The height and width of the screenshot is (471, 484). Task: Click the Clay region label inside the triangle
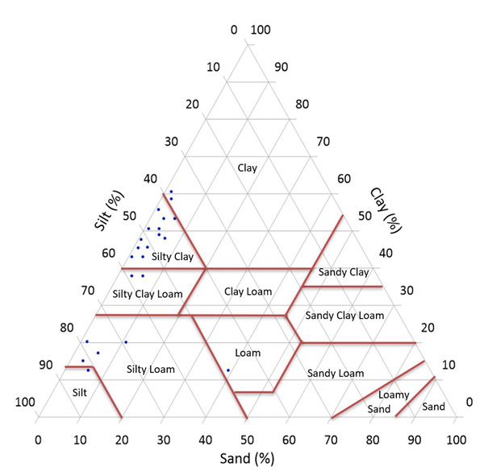click(247, 168)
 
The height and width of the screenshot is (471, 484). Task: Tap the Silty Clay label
click(172, 257)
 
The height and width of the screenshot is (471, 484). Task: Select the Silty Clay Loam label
click(148, 293)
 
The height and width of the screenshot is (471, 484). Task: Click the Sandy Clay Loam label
click(344, 315)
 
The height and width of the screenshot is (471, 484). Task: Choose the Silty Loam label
click(151, 370)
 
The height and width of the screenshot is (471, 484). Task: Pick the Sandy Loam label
click(336, 374)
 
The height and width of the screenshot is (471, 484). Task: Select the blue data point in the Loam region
click(228, 370)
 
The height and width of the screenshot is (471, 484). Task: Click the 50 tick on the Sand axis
click(247, 440)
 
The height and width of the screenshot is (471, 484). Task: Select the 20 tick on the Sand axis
click(122, 440)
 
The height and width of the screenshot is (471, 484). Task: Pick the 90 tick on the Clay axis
click(281, 67)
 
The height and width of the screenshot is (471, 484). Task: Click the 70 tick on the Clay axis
click(323, 142)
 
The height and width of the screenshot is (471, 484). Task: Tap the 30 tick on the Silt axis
click(171, 142)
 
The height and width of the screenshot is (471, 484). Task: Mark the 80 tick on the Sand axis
click(373, 440)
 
